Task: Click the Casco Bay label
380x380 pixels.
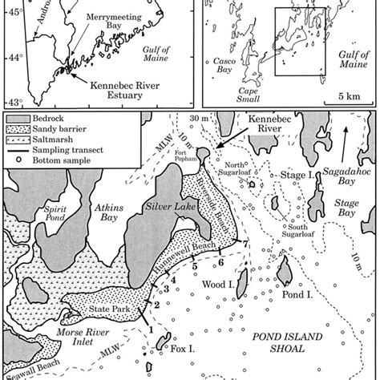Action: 220,65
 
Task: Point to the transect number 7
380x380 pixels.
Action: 245,244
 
